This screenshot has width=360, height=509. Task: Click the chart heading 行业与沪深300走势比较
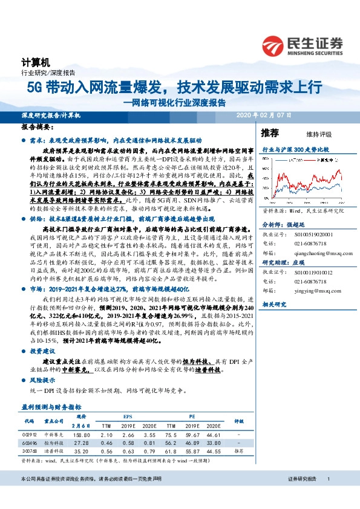[x=295, y=148]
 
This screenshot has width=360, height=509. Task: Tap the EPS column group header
[x=126, y=417]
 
